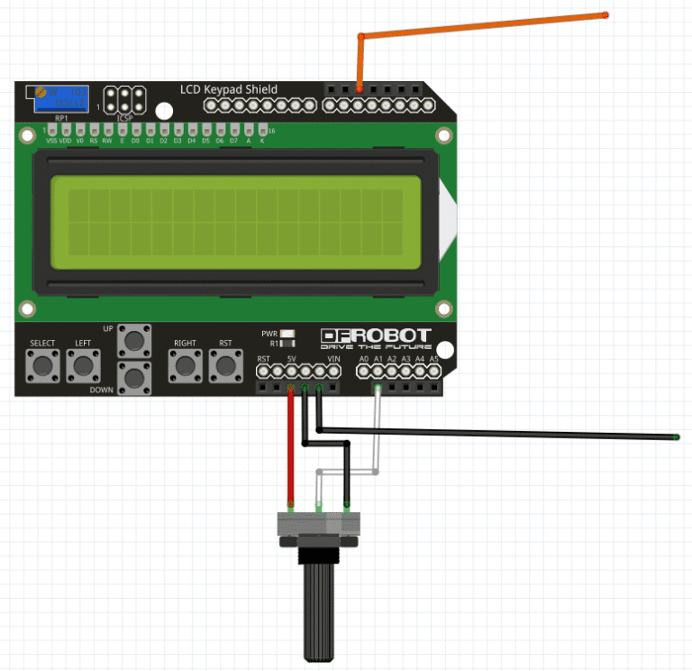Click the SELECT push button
point(42,365)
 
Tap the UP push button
point(135,340)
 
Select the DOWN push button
point(135,378)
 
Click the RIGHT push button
point(186,365)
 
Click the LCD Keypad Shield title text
point(229,89)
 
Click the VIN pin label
point(334,359)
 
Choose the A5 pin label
point(433,359)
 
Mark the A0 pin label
point(364,359)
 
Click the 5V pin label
point(291,359)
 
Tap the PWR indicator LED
point(287,333)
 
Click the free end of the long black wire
point(675,437)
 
